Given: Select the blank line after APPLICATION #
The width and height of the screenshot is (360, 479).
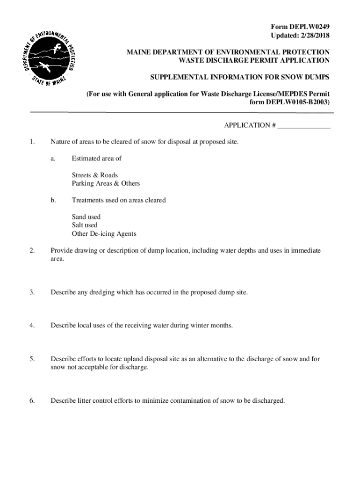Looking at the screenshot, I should (304, 125).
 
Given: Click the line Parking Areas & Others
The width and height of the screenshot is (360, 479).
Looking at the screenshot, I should (106, 183).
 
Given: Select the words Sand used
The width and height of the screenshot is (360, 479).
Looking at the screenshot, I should (86, 217).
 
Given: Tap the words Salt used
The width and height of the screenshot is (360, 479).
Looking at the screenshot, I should (85, 225).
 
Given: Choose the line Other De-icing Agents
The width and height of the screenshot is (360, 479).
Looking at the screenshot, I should (104, 234).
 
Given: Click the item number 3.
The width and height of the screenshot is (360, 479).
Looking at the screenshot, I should (31, 292).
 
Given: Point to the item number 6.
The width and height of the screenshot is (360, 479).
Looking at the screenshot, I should (31, 401).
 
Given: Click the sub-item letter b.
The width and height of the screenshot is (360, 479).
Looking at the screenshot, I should (53, 200).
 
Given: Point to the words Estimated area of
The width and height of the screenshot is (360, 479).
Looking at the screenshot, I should (96, 159).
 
